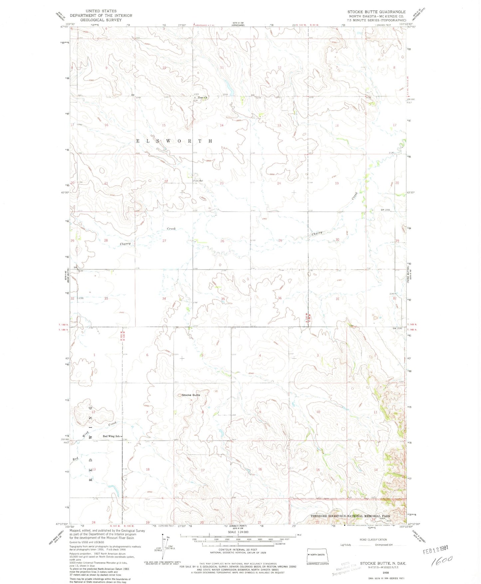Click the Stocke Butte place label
191,395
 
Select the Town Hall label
198,181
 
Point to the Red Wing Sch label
111,436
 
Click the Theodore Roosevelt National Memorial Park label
350,516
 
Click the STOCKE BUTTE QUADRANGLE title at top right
376,12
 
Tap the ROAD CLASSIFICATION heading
373,539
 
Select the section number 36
280,298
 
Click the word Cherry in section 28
125,244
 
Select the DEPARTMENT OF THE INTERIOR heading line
101,15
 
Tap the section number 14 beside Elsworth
222,125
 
